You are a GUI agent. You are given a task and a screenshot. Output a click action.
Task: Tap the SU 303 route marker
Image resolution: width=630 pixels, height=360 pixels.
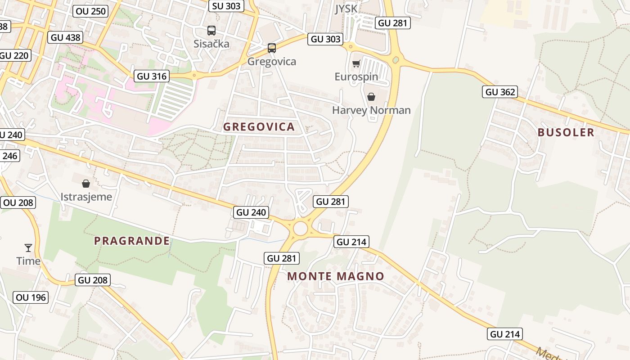pyautogui.click(x=227, y=6)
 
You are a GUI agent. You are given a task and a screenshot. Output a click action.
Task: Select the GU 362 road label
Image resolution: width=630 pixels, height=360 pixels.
pyautogui.click(x=500, y=92)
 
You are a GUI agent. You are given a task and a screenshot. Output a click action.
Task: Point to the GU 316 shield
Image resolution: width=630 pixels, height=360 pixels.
pyautogui.click(x=152, y=76)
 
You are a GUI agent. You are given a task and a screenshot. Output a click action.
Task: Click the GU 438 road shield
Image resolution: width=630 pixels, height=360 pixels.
pyautogui.click(x=66, y=37)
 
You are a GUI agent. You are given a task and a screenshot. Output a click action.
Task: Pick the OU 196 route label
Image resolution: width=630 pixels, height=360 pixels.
pyautogui.click(x=31, y=297)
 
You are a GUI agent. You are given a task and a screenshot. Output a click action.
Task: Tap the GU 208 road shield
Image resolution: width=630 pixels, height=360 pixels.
pyautogui.click(x=93, y=280)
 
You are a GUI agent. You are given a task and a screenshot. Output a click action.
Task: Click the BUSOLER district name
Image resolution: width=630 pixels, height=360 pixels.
pyautogui.click(x=566, y=132)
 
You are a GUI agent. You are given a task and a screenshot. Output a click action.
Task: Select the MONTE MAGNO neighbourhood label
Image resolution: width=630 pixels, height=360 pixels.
pyautogui.click(x=336, y=276)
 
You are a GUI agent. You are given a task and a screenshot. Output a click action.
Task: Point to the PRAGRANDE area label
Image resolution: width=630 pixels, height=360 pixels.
pyautogui.click(x=132, y=241)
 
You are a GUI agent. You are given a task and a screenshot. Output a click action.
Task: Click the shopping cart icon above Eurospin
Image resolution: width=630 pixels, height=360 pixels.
pyautogui.click(x=356, y=64)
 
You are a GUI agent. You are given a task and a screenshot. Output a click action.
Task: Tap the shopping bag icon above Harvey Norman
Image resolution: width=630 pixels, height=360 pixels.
pyautogui.click(x=371, y=97)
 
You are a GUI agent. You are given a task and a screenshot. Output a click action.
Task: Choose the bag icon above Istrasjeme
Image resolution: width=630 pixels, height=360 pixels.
pyautogui.click(x=86, y=184)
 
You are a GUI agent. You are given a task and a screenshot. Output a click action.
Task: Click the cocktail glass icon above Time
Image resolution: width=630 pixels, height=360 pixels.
pyautogui.click(x=28, y=248)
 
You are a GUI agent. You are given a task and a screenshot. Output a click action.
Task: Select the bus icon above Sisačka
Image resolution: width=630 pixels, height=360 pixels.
pyautogui.click(x=211, y=31)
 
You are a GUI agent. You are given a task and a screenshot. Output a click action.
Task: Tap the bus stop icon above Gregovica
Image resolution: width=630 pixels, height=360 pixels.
pyautogui.click(x=272, y=48)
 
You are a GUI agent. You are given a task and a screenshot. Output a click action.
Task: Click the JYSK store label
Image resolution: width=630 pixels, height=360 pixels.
pyautogui.click(x=346, y=9)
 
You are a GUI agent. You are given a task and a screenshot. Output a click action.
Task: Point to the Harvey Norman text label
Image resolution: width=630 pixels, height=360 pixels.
pyautogui.click(x=371, y=110)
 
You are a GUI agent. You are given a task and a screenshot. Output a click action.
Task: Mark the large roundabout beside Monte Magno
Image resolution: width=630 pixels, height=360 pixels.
pyautogui.click(x=300, y=229)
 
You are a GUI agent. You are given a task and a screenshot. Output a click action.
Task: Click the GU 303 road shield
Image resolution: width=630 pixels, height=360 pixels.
pyautogui.click(x=326, y=39)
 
